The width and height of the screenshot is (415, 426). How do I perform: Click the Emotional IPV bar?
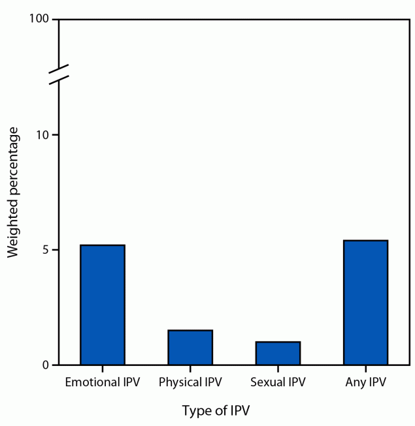(102, 305)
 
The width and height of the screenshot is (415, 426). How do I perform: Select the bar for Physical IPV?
(190, 347)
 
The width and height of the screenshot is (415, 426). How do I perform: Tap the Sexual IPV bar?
(278, 353)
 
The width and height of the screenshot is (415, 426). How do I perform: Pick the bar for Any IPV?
(365, 302)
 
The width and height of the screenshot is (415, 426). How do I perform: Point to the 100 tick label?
(40, 20)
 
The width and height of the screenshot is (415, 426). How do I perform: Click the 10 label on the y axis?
(43, 135)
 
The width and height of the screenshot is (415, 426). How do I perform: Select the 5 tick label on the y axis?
(46, 250)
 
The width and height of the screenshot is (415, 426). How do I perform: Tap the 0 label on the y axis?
(46, 365)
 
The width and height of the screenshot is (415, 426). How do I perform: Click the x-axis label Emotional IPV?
(102, 382)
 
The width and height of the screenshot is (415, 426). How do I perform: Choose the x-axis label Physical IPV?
(190, 382)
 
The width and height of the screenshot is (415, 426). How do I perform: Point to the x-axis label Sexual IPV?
(278, 382)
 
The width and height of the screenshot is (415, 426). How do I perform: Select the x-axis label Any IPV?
(365, 382)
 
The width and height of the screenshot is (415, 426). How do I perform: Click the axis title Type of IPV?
(216, 411)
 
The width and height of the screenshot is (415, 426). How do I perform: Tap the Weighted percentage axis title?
(14, 193)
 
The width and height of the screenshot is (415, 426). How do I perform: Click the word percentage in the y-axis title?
(14, 166)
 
